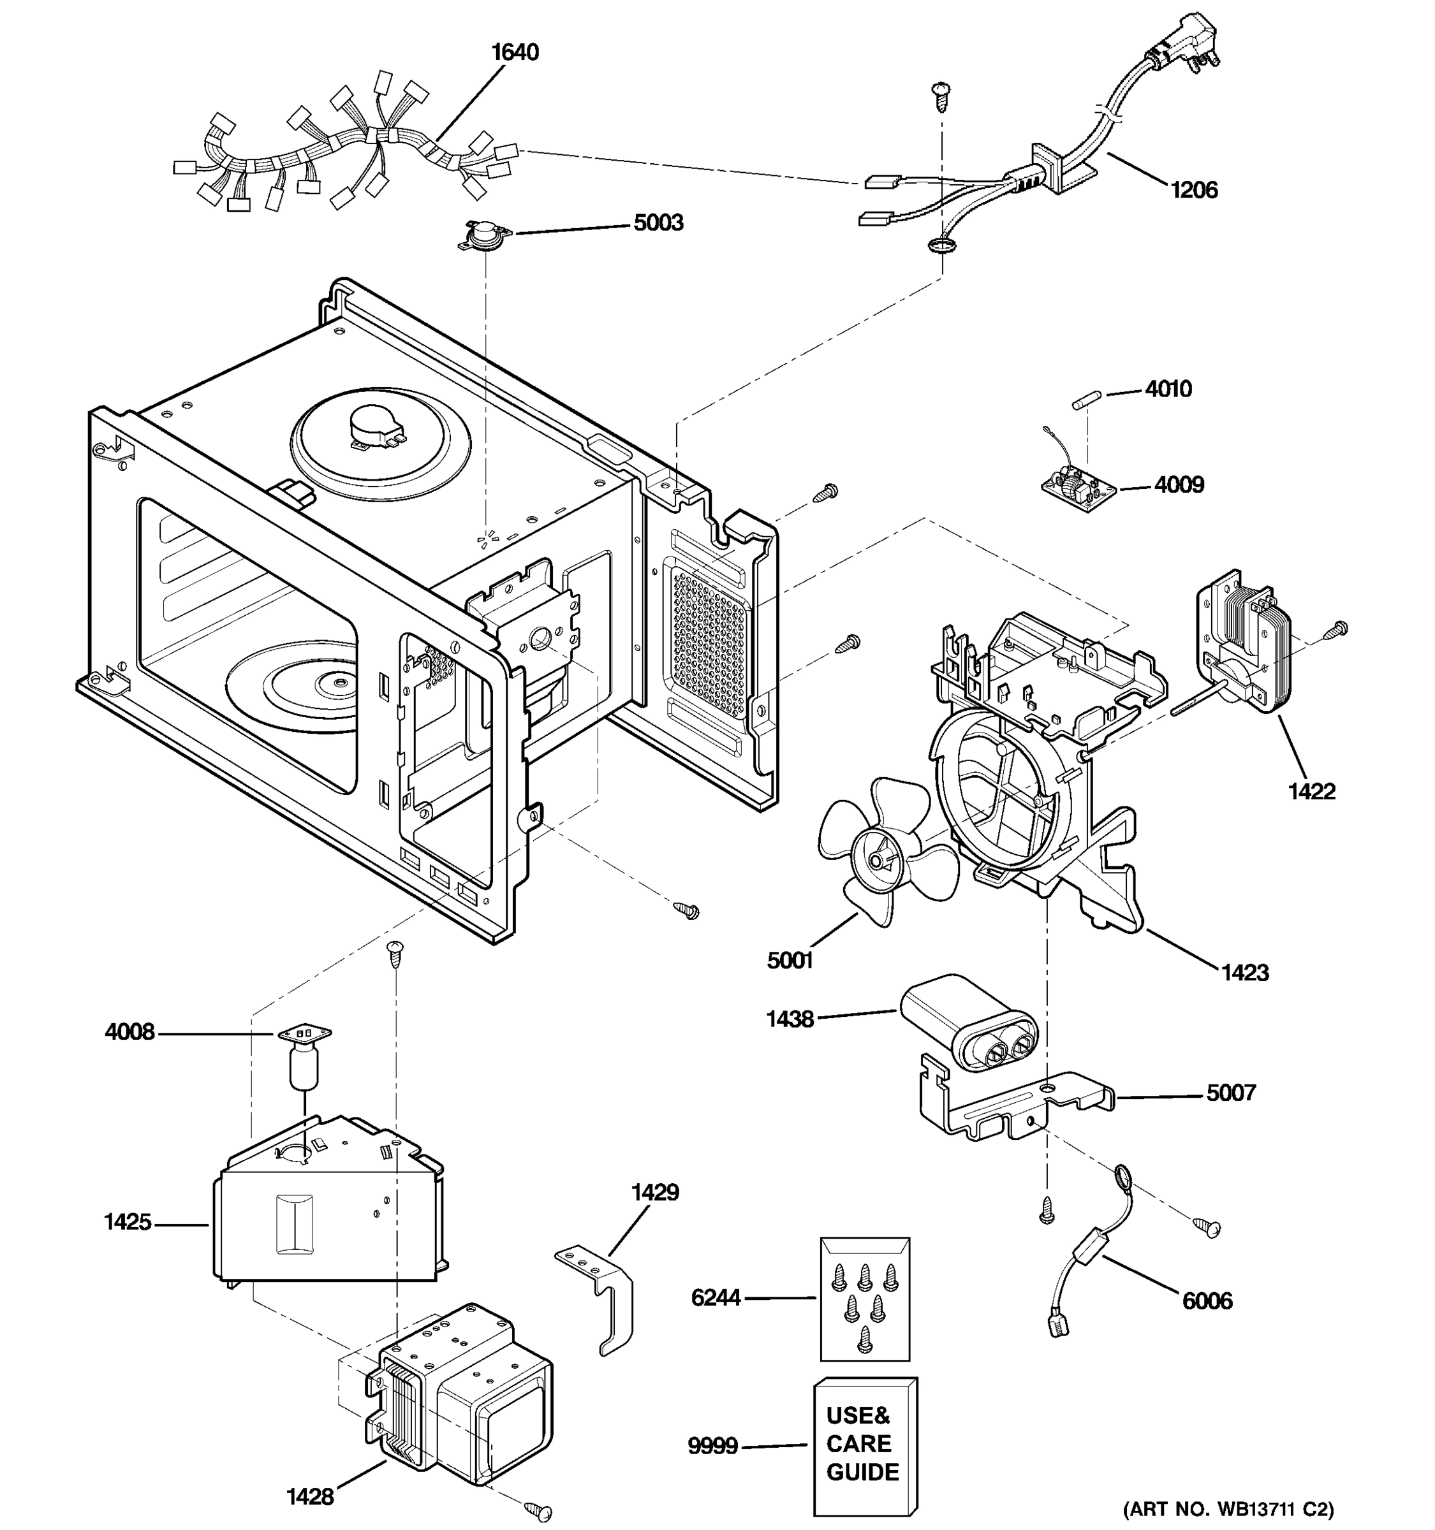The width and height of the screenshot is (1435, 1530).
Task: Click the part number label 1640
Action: pyautogui.click(x=515, y=52)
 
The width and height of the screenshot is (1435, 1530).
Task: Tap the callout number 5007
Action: pyautogui.click(x=1230, y=1093)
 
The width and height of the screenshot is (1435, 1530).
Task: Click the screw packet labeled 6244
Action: pyautogui.click(x=865, y=1299)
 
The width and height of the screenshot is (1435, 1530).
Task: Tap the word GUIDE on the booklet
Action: pyautogui.click(x=862, y=1471)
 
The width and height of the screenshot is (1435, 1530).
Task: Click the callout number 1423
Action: pyautogui.click(x=1245, y=973)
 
